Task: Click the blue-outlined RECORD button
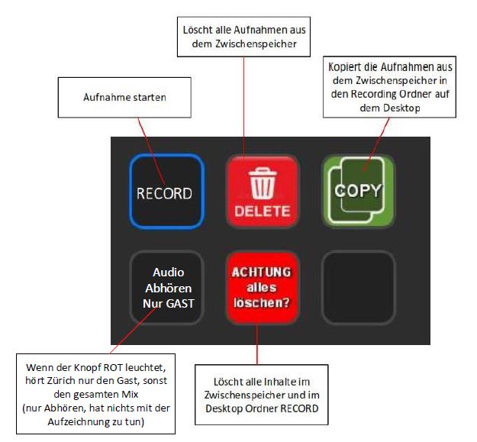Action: click(164, 192)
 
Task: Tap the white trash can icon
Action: click(262, 182)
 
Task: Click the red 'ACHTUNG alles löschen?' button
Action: click(262, 288)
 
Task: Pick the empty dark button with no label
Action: click(357, 288)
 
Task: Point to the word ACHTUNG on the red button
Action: click(262, 272)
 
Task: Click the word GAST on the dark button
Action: click(177, 302)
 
